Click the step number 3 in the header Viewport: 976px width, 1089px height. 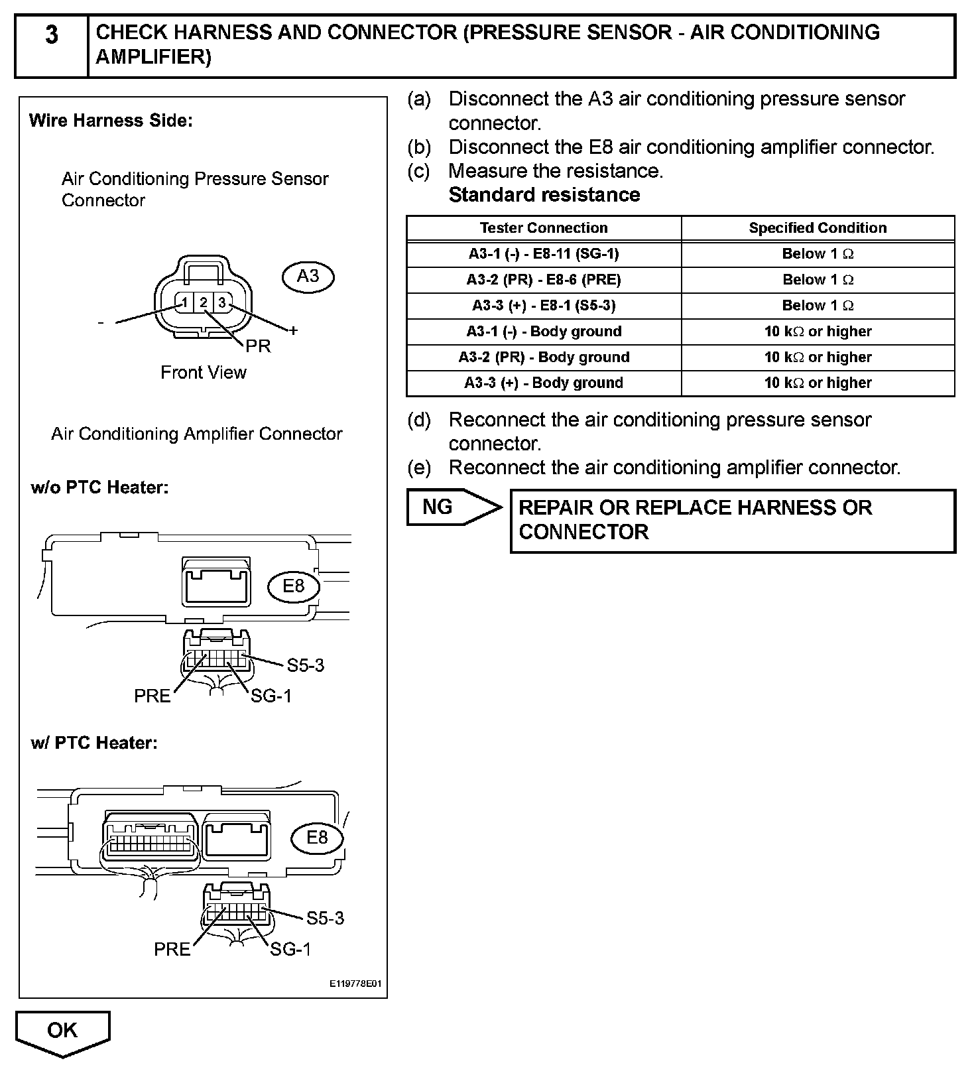coord(51,35)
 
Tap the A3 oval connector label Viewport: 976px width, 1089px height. coord(308,277)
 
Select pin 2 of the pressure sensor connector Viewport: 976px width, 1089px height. coord(204,303)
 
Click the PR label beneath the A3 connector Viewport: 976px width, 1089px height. coord(258,346)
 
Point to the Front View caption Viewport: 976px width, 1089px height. coord(203,373)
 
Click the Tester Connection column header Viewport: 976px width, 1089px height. coord(543,228)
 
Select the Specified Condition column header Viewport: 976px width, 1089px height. coord(818,228)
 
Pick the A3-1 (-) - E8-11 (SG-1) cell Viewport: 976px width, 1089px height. coord(543,254)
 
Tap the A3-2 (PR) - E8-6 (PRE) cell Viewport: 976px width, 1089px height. coord(543,280)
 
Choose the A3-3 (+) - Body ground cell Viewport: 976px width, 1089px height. coord(543,383)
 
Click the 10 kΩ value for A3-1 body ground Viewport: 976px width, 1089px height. coord(818,332)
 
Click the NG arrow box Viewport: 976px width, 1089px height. coord(451,507)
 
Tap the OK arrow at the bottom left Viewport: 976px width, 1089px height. coord(62,1031)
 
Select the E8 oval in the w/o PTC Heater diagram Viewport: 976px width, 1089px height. coord(293,586)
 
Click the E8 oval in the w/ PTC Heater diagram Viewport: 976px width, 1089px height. coord(317,838)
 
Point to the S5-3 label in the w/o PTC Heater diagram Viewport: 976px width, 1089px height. coord(306,665)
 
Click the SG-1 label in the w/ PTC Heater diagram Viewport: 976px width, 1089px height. coord(290,950)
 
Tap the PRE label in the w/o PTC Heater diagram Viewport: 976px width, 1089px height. coord(152,696)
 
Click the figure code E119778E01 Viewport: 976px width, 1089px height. coord(355,984)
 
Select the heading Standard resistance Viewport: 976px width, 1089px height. coord(544,195)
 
